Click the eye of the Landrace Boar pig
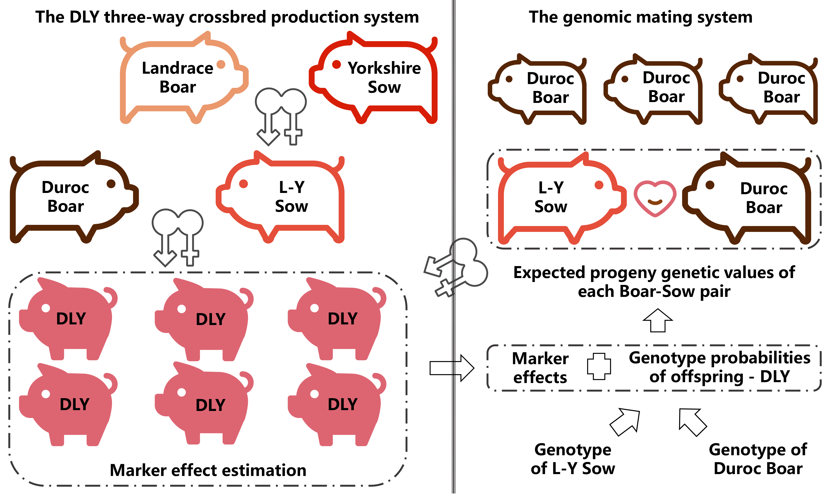click(221, 64)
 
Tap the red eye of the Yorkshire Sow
click(336, 64)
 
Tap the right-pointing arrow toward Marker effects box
click(451, 368)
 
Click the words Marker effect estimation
click(208, 470)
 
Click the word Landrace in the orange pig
click(178, 68)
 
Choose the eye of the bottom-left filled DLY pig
click(46, 394)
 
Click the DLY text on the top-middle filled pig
click(211, 319)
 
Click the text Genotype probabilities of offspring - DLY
click(719, 367)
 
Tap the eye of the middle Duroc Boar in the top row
click(625, 79)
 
